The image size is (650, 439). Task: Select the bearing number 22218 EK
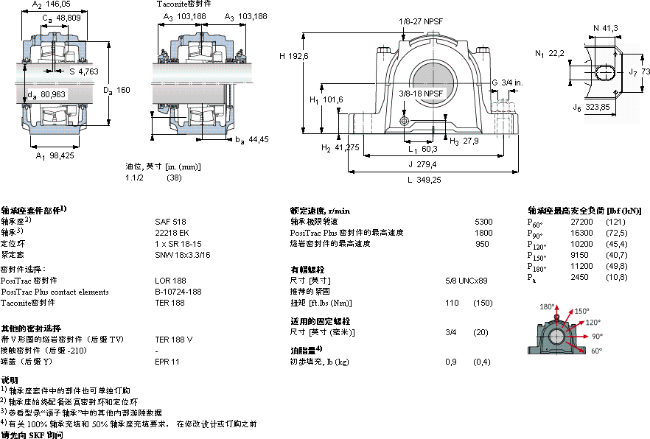[x=170, y=232]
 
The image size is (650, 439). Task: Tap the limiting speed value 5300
[x=483, y=221]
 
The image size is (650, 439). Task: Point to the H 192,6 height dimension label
[x=293, y=56]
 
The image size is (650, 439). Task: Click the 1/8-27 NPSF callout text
[x=421, y=21]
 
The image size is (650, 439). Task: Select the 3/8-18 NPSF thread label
[x=421, y=94]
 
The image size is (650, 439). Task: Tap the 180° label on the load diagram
[x=546, y=306]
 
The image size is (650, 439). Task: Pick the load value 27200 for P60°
[x=581, y=221]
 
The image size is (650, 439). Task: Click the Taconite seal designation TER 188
[x=170, y=303]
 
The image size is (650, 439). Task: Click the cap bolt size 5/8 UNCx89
[x=467, y=281]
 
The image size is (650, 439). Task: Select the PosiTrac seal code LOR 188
[x=170, y=281]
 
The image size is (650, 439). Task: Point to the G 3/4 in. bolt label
[x=506, y=82]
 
